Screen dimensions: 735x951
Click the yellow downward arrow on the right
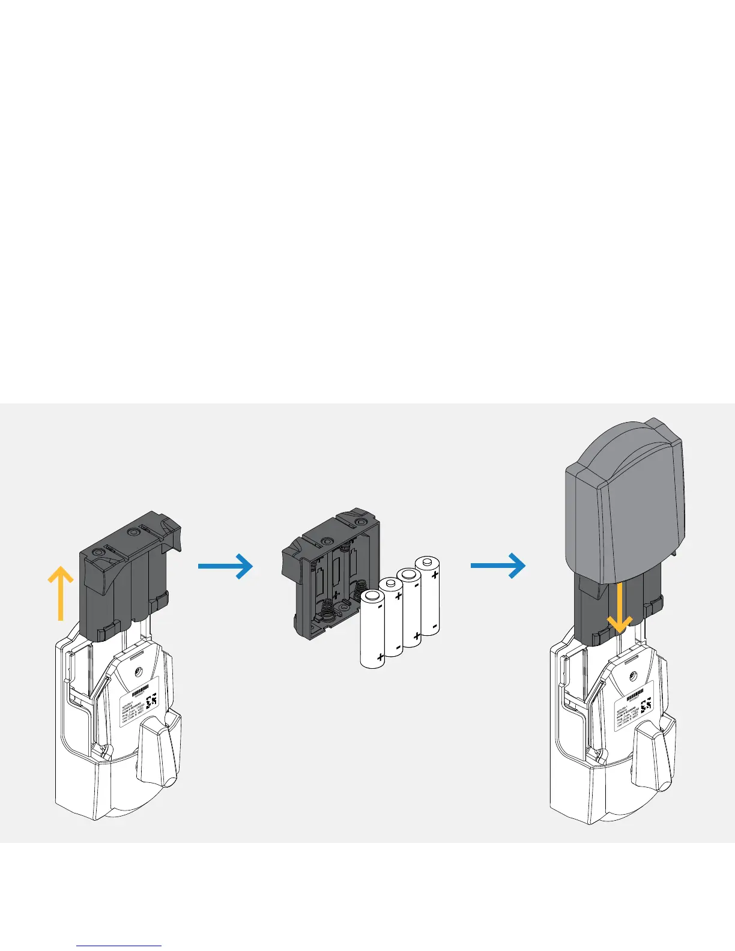pos(619,607)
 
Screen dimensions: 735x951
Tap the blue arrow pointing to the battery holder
pos(225,566)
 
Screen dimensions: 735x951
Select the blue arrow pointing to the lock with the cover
pos(498,566)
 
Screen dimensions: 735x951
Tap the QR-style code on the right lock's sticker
pos(647,706)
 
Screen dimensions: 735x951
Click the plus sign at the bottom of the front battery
pos(380,658)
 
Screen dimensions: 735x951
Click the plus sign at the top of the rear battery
pos(435,575)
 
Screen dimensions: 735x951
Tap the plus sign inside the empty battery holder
pos(335,594)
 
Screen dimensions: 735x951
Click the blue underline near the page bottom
pos(119,946)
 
